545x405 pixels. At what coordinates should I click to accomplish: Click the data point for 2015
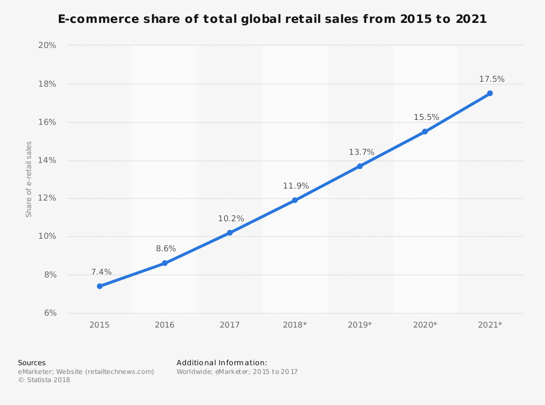click(x=100, y=286)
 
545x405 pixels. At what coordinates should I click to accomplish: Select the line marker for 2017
click(x=229, y=233)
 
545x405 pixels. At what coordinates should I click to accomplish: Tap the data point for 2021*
click(x=490, y=93)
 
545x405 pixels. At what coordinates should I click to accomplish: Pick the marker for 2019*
click(x=360, y=166)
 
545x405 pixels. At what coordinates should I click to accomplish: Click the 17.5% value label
click(x=492, y=80)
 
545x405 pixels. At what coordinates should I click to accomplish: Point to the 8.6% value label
click(x=166, y=249)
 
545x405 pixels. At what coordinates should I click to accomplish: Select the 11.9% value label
click(x=296, y=186)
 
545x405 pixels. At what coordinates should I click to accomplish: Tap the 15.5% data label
click(x=426, y=118)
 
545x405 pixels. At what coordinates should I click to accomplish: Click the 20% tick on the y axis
click(x=47, y=45)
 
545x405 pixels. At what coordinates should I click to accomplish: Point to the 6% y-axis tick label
click(x=50, y=313)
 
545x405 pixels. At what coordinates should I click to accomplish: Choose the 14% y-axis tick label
click(x=47, y=160)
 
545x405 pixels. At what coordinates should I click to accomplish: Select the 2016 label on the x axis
click(x=165, y=325)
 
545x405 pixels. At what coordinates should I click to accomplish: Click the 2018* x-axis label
click(x=295, y=325)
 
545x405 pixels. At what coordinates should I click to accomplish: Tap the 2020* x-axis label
click(x=425, y=325)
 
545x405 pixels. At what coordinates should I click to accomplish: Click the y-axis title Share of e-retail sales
click(x=29, y=179)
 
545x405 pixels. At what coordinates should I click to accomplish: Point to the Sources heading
click(x=32, y=363)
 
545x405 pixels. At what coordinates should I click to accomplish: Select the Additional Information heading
click(x=222, y=363)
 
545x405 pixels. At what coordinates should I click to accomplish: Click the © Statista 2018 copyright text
click(x=44, y=380)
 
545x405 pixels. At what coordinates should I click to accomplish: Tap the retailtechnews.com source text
click(x=119, y=372)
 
